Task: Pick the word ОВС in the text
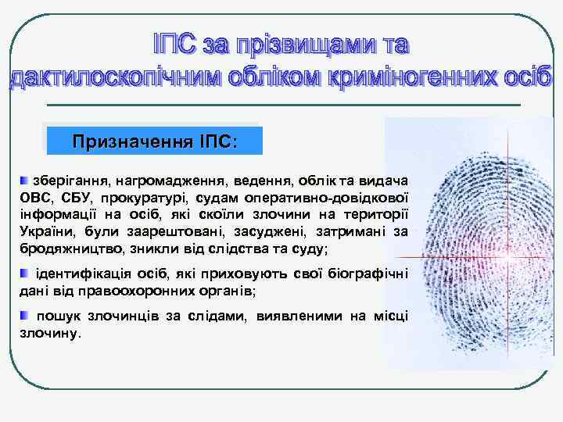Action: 34,198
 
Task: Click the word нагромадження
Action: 166,181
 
